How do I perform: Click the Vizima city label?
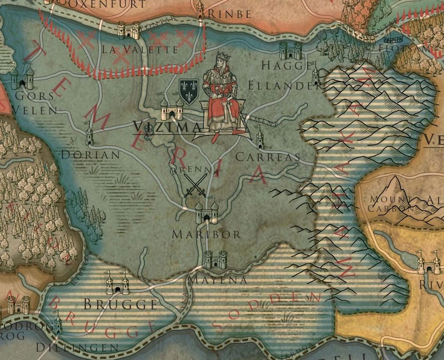point(167,127)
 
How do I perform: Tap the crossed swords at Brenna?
point(196,186)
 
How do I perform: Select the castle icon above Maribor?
point(207,212)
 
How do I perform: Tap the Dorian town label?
point(91,155)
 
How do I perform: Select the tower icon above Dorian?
point(89,135)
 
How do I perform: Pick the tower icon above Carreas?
point(260,138)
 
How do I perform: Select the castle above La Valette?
point(128,30)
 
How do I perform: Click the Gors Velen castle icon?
point(22,79)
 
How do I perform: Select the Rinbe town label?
point(230,15)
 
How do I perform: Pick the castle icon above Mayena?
point(215,260)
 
